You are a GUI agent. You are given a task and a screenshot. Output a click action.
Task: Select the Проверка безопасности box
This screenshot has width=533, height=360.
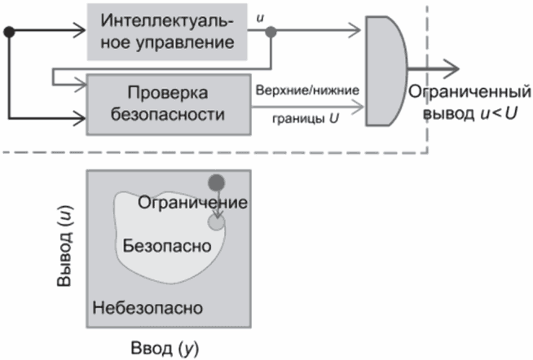(167, 103)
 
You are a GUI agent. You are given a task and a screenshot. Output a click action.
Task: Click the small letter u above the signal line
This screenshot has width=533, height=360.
(259, 15)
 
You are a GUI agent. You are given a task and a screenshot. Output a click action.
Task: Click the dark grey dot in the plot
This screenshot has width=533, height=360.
(216, 182)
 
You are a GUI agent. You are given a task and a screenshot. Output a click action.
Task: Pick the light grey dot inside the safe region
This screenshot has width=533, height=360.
(216, 222)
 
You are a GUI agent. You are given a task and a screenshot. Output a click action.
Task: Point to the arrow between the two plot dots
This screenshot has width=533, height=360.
(217, 204)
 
